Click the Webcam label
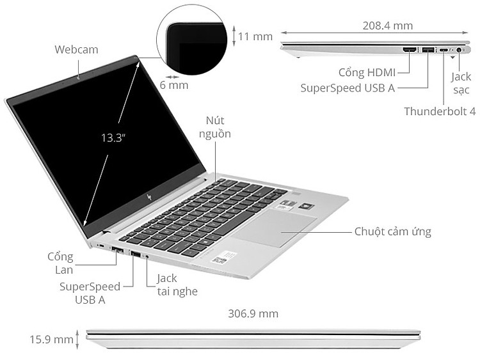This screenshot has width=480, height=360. pyautogui.click(x=77, y=49)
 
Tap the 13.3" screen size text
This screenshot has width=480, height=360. pyautogui.click(x=113, y=137)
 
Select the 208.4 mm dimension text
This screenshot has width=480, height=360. pyautogui.click(x=388, y=26)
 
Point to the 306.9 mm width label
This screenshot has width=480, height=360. pyautogui.click(x=253, y=313)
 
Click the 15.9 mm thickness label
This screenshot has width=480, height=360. pyautogui.click(x=51, y=339)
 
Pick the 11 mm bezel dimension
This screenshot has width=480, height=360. pyautogui.click(x=255, y=36)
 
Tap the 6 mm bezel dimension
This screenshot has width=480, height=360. pyautogui.click(x=174, y=85)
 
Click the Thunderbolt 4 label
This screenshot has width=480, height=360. pyautogui.click(x=440, y=111)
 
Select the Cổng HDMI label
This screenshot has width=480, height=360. pyautogui.click(x=367, y=72)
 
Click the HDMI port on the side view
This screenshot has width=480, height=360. pyautogui.click(x=410, y=49)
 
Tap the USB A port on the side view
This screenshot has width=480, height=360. pyautogui.click(x=428, y=49)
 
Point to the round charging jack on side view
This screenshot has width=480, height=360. pyautogui.click(x=459, y=50)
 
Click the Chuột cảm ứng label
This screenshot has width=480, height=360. pyautogui.click(x=393, y=231)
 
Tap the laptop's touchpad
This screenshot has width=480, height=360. pyautogui.click(x=274, y=228)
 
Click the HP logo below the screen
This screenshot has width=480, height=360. pyautogui.click(x=149, y=197)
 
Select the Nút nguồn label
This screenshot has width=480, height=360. pyautogui.click(x=215, y=127)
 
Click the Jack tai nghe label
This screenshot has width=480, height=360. pyautogui.click(x=177, y=285)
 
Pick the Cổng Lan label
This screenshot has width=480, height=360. pyautogui.click(x=60, y=263)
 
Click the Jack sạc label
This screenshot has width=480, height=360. pyautogui.click(x=461, y=83)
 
